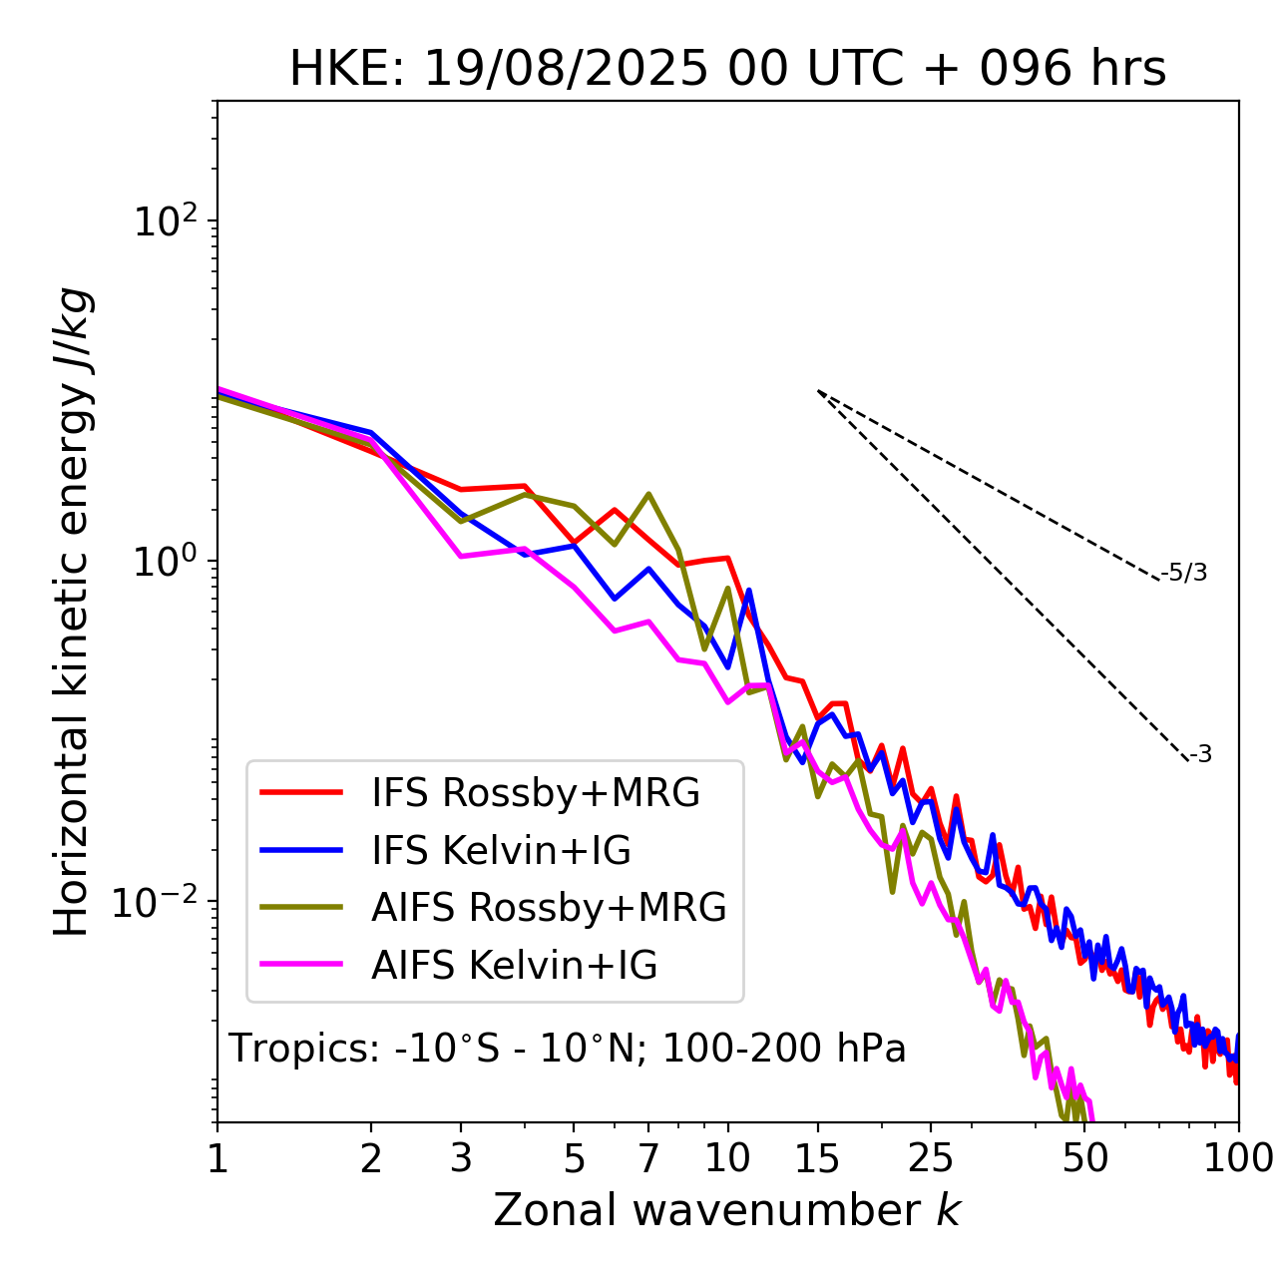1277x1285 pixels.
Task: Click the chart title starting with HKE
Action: click(727, 70)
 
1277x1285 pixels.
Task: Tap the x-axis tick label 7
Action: click(648, 1158)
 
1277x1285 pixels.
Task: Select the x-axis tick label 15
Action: click(818, 1158)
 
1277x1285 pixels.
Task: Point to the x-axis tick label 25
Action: click(931, 1158)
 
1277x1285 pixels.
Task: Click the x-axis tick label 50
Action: click(1085, 1158)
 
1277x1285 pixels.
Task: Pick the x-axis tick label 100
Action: click(1237, 1158)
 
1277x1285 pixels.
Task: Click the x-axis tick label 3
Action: click(460, 1158)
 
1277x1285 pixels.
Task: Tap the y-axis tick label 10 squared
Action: click(166, 221)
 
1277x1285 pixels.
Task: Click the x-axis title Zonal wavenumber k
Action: click(727, 1210)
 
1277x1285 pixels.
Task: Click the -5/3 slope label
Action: click(1184, 573)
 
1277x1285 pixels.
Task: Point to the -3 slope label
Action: click(1200, 755)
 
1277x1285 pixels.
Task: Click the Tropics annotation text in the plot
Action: click(568, 1049)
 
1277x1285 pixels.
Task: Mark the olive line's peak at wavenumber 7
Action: click(648, 494)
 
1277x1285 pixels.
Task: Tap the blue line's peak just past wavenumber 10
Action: click(748, 591)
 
